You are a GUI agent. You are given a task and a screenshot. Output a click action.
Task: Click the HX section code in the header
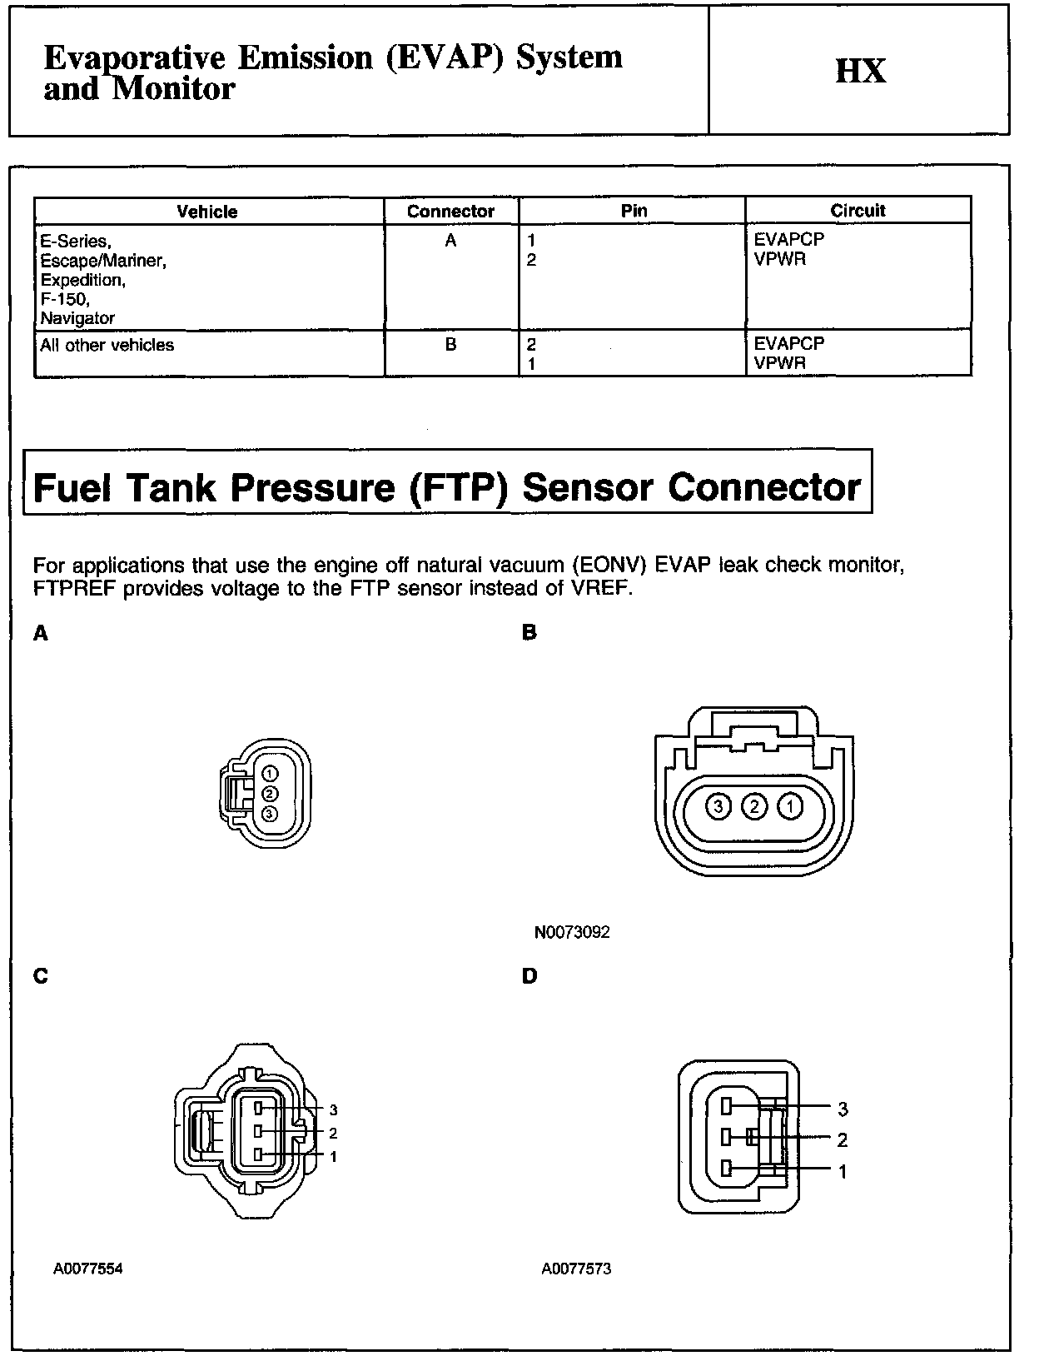coord(860,71)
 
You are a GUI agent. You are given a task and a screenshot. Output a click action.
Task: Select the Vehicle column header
coord(207,212)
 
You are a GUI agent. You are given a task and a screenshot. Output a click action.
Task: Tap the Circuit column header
coord(858,211)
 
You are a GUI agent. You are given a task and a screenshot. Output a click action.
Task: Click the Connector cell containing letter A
coord(450,241)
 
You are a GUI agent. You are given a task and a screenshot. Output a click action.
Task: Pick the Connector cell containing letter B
coord(450,344)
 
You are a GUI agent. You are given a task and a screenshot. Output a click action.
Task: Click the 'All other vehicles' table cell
coord(107,345)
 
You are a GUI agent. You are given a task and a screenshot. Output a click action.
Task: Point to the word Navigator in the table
coord(77,317)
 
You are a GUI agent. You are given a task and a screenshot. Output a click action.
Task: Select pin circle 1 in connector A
coord(269,775)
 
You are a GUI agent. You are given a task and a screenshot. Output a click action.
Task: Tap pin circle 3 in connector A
coord(269,813)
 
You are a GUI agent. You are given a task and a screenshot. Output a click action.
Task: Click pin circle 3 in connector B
coord(718,805)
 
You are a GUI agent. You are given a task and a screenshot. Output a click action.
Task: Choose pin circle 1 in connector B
coord(790,805)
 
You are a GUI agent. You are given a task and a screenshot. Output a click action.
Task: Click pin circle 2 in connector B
coord(754,805)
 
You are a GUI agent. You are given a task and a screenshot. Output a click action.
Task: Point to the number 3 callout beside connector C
coord(333,1109)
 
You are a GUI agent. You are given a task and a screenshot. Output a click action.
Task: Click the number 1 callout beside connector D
coord(843,1171)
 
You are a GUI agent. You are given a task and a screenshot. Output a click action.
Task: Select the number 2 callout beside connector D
coord(843,1139)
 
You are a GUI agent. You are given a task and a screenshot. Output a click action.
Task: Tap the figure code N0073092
coord(572,932)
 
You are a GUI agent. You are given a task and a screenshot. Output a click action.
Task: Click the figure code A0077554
coord(88,1269)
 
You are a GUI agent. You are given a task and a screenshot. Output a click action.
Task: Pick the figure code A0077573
coord(576,1269)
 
